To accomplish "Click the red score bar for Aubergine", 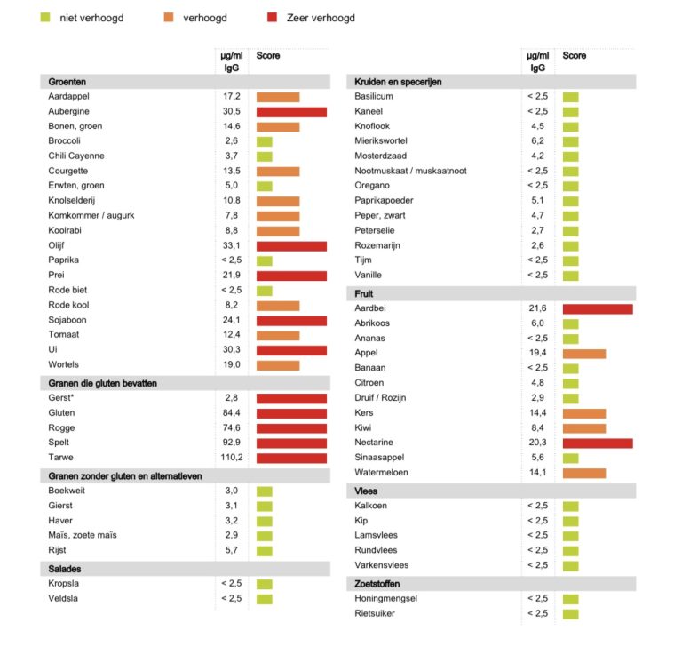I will click(291, 112).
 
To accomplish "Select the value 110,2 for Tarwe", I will click(232, 458).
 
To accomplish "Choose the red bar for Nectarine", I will click(598, 443).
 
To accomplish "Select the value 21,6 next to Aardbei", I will click(537, 308).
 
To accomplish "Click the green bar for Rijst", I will click(265, 550).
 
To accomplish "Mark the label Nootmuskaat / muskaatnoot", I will click(410, 171).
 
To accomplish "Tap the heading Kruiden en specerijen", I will click(398, 82).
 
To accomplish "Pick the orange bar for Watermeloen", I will click(584, 473).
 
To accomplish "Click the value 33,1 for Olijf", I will click(232, 245).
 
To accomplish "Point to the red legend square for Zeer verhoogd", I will click(273, 17).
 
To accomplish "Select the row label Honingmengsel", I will click(385, 598).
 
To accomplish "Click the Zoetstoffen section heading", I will click(377, 584).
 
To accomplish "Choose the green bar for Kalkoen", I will click(570, 506).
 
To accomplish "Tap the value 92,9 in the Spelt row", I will click(232, 443).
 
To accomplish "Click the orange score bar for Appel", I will click(584, 353).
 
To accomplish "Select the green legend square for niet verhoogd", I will click(45, 17).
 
